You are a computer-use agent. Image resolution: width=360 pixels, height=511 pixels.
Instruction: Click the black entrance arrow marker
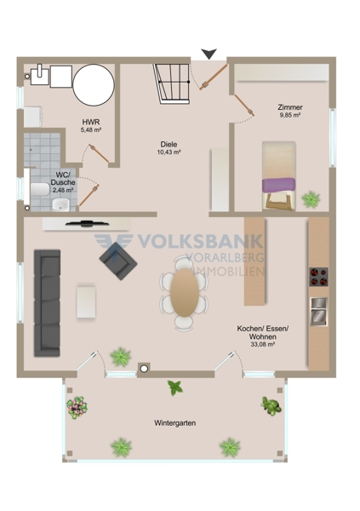209,54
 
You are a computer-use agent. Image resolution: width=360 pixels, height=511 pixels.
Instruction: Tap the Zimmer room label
290,107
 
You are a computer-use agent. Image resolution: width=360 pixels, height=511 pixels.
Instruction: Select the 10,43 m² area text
169,152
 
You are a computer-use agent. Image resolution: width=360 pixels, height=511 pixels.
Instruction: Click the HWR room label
91,122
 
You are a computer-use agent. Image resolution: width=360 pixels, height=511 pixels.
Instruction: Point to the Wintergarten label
175,423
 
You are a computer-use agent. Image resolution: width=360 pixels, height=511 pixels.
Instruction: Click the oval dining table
185,292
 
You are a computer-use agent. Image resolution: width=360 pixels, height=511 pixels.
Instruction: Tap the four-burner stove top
318,277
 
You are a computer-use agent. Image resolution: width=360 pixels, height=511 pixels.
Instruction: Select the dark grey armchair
118,261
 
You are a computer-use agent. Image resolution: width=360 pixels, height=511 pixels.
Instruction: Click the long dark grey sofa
48,302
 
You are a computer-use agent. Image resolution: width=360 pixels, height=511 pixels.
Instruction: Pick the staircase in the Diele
173,83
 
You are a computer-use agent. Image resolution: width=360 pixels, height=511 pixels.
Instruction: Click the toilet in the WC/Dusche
40,189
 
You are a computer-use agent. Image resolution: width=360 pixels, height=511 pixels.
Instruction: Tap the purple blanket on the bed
278,185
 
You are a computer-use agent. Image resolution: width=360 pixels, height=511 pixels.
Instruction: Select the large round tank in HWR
94,84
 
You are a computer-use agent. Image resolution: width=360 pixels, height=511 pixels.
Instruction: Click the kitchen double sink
318,311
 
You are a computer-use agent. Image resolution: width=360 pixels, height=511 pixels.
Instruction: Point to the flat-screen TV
87,223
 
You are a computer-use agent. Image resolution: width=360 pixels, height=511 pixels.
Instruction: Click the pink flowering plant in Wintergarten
77,407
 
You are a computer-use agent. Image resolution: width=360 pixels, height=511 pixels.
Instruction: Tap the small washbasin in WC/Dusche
60,205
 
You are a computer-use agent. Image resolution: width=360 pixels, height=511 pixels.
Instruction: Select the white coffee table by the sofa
86,301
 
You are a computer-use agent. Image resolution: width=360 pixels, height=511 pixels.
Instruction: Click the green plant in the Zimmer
311,199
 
